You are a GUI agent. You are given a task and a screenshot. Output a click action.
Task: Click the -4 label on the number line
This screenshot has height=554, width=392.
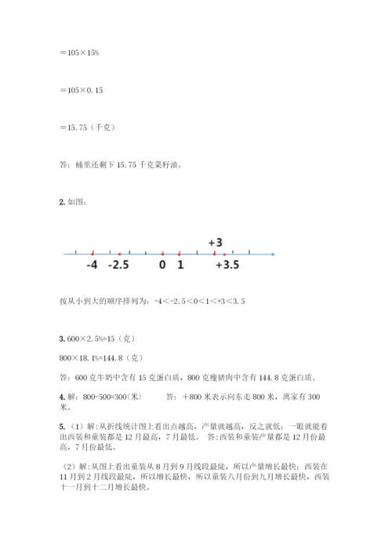pos(93,265)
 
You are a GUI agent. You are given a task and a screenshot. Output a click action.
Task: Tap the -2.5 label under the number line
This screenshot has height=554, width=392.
pos(118,265)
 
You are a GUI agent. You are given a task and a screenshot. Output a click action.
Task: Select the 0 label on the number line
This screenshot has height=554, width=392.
pos(162,265)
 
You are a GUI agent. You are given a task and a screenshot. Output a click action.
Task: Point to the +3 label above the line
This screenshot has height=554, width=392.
pos(216,243)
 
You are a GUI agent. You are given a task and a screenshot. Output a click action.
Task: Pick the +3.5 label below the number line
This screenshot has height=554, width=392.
pos(228,265)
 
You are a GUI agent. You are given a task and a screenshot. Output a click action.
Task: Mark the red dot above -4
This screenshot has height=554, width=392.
pos(93,254)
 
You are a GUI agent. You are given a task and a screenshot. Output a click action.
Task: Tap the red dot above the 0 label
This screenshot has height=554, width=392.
pos(162,254)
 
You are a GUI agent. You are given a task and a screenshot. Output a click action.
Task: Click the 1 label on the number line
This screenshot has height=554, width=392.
pos(180,265)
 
